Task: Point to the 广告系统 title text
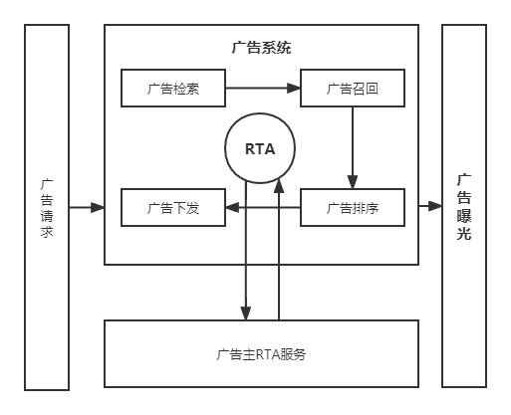[261, 48]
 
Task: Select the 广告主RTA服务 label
[261, 354]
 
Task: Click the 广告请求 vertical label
[47, 208]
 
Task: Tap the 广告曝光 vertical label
[464, 207]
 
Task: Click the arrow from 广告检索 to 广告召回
[263, 88]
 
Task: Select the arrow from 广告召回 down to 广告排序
[353, 148]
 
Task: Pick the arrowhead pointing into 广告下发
[232, 208]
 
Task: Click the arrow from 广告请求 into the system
[87, 208]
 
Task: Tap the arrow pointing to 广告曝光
[430, 206]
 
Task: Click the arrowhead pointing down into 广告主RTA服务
[246, 313]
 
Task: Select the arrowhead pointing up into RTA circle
[279, 186]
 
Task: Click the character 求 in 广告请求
[47, 231]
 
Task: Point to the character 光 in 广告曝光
[464, 233]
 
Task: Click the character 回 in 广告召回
[372, 89]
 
